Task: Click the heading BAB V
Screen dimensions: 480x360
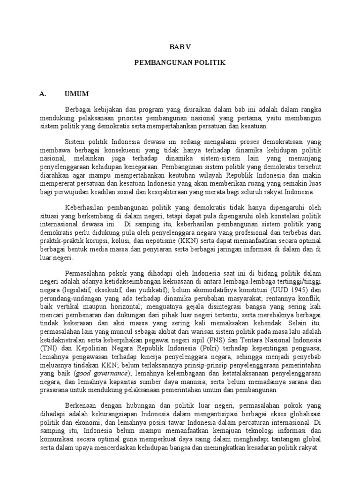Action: coord(180,47)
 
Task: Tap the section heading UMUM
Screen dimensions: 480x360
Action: coord(77,93)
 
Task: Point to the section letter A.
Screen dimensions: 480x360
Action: coord(42,93)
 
